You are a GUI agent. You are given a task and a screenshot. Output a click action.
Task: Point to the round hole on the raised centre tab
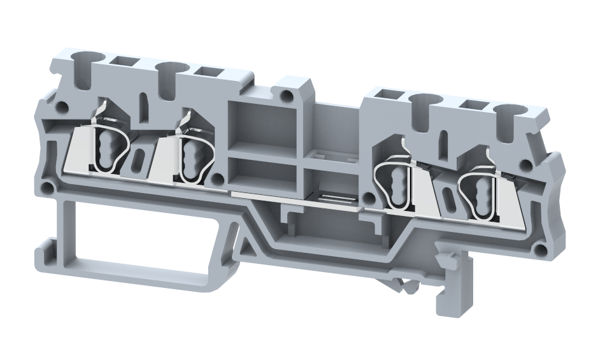coord(288,96)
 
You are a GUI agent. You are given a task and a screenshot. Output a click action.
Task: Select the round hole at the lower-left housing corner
coord(46,189)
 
